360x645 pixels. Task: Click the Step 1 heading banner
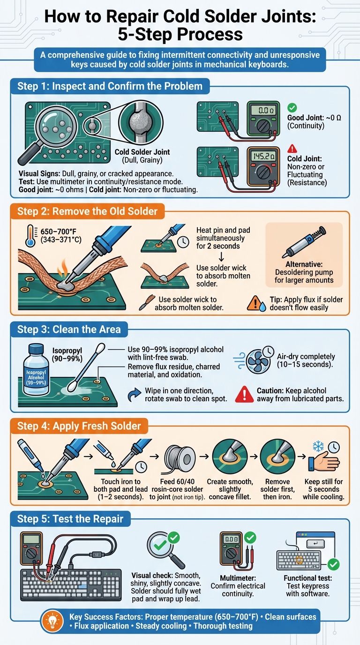pos(110,86)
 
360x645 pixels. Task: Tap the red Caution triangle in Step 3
pos(244,394)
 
